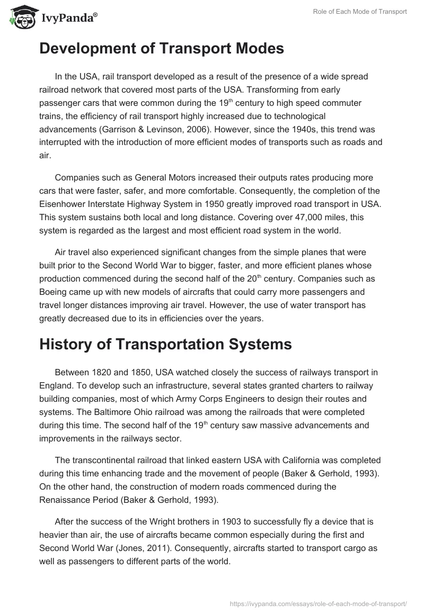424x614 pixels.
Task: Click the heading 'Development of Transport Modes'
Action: pyautogui.click(x=162, y=49)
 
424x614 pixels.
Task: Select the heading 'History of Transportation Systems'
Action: pyautogui.click(x=165, y=344)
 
